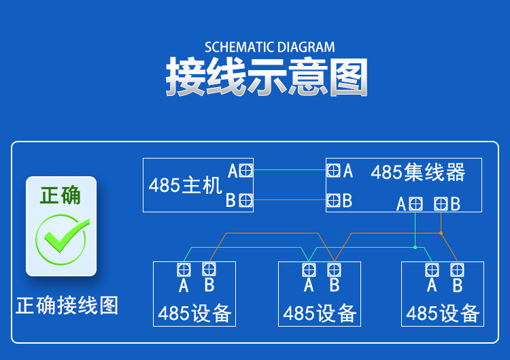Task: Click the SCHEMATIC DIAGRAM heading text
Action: (270, 47)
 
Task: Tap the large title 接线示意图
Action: (267, 77)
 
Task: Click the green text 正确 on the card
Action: (61, 195)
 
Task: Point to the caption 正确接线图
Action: (67, 306)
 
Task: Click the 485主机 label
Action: (186, 185)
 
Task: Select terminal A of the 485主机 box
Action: (245, 170)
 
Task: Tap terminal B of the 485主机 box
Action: (245, 200)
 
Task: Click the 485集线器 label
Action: (418, 172)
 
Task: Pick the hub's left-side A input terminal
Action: (333, 170)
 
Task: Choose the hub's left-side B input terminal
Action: (333, 200)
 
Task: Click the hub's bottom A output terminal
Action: (415, 204)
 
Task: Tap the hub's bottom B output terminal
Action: (441, 204)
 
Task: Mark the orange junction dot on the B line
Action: (441, 233)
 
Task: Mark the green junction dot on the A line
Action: (415, 248)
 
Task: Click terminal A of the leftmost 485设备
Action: (184, 270)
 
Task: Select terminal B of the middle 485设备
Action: (334, 270)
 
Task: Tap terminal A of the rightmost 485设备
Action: (432, 270)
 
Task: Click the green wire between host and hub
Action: (290, 170)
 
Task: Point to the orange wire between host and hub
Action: (290, 199)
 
